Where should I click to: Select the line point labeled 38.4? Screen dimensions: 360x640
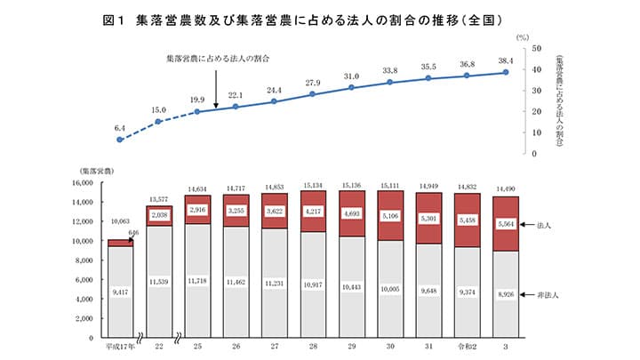pyautogui.click(x=506, y=72)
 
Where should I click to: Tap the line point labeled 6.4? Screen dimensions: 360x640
pyautogui.click(x=120, y=140)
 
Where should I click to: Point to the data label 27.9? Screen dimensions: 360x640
pyautogui.click(x=312, y=83)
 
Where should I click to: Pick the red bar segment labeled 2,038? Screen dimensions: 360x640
pyautogui.click(x=159, y=216)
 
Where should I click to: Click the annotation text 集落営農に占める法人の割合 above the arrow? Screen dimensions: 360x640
pyautogui.click(x=217, y=58)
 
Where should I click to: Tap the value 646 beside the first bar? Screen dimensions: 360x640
pyautogui.click(x=135, y=232)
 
